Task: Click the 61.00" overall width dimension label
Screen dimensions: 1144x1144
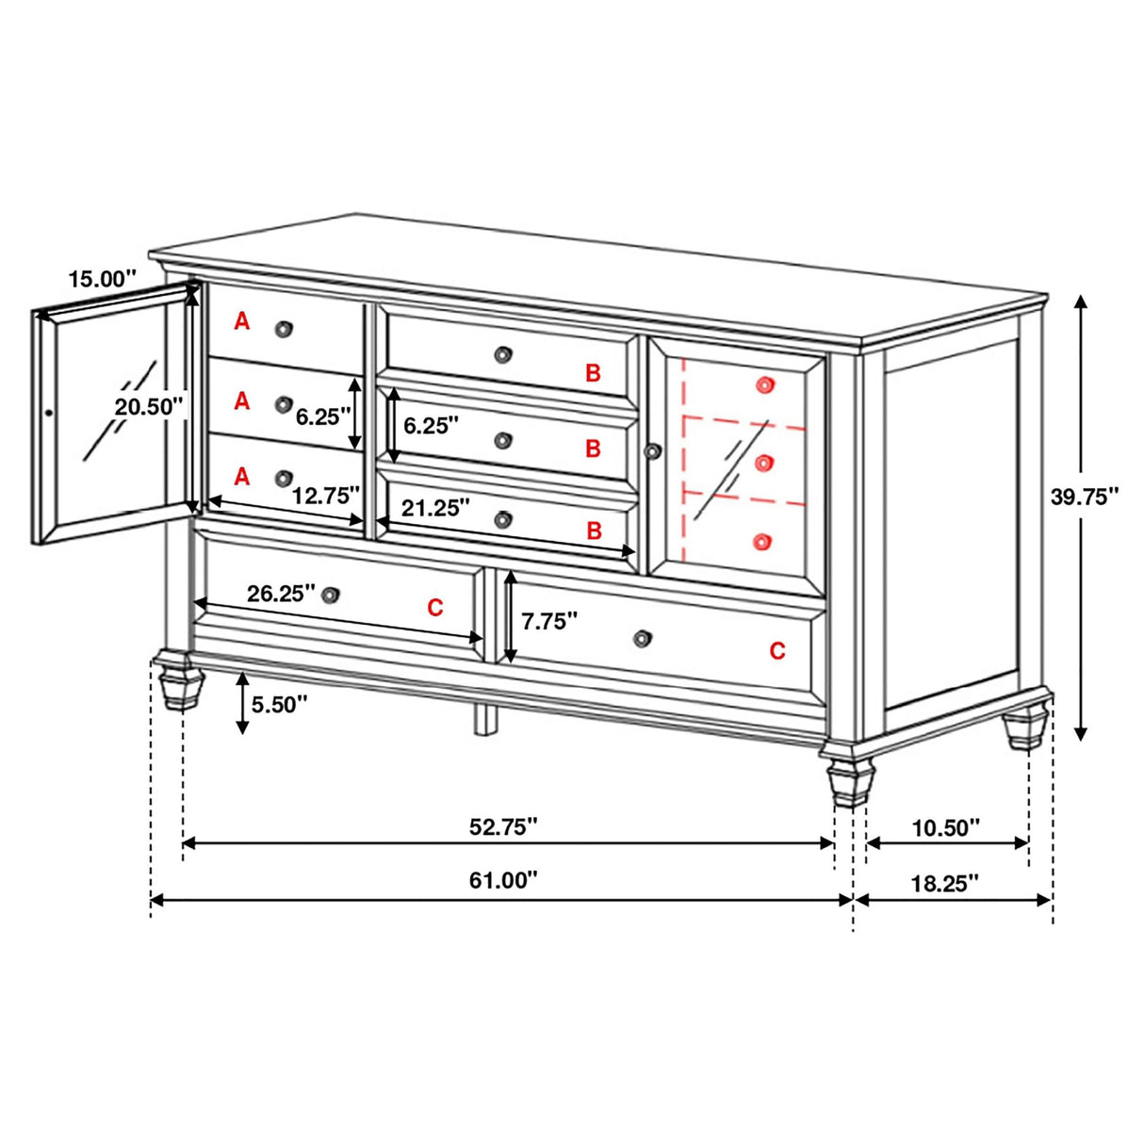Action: pos(503,880)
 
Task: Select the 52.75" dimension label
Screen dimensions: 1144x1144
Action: pos(503,826)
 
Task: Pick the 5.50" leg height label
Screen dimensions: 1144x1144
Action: pos(280,704)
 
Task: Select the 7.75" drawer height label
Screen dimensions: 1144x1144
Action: pos(549,620)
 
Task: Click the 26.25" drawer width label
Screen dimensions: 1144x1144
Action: pos(281,593)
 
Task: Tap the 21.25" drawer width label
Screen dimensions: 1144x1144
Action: pos(435,508)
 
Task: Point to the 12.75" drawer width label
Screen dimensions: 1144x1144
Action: pos(326,495)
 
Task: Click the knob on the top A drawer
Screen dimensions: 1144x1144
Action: pos(284,328)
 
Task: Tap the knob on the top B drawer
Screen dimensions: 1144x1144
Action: pos(503,354)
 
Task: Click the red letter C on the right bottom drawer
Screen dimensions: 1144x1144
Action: pos(776,650)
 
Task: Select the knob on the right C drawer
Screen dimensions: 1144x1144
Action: pos(642,638)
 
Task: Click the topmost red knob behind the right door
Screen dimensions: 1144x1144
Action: pos(762,384)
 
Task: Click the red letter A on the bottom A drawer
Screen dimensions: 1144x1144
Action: pos(242,477)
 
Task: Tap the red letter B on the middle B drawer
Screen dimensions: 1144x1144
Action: pos(593,449)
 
